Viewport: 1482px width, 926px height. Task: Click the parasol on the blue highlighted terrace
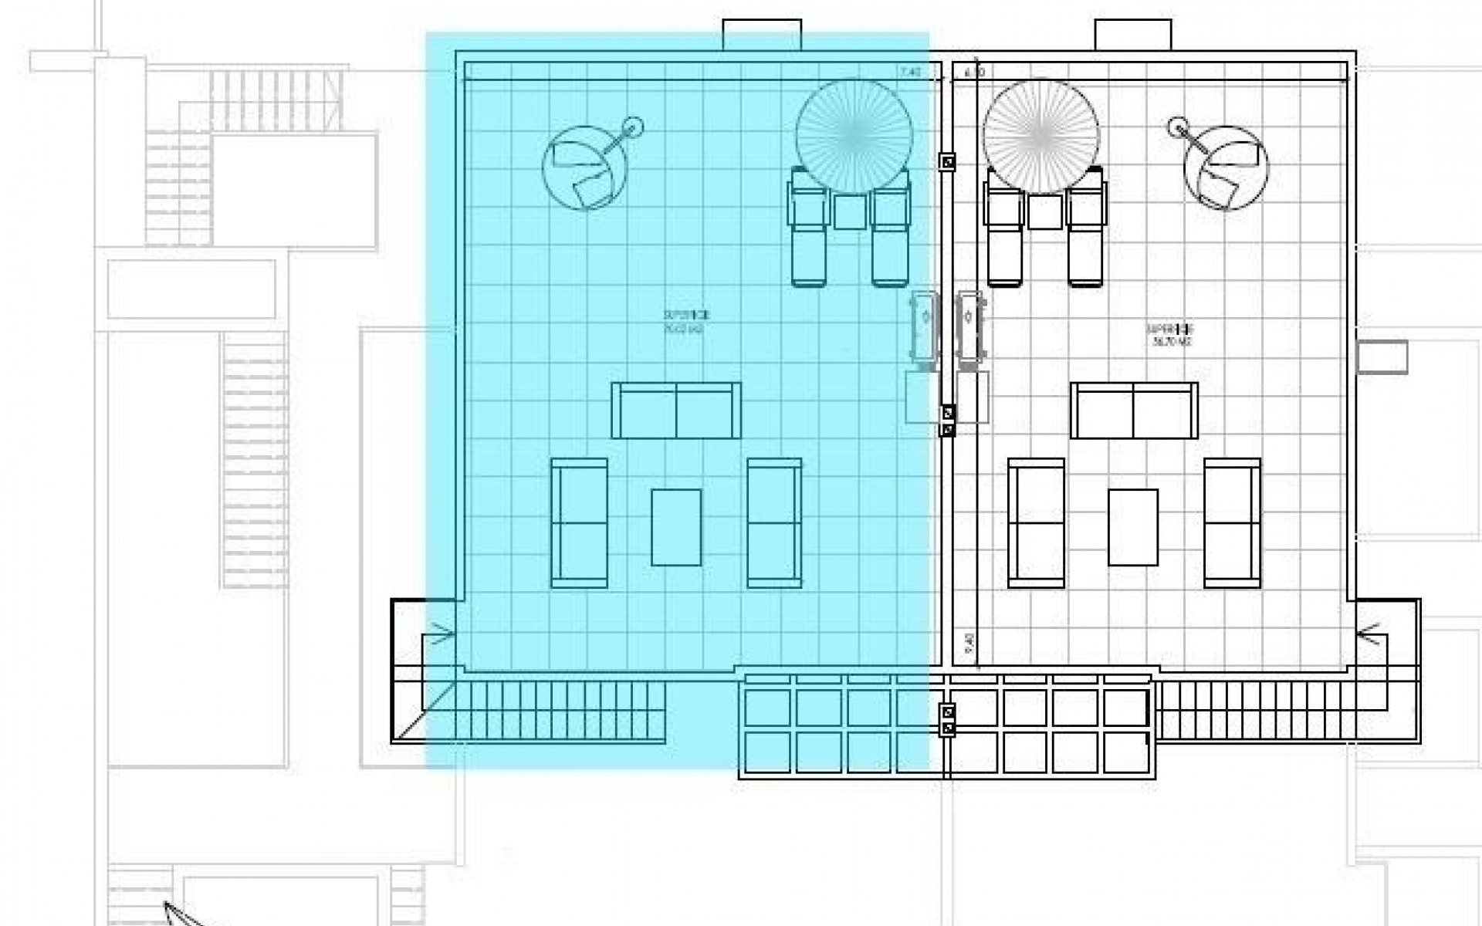(x=854, y=137)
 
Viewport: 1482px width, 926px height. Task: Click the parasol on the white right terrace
(x=1040, y=137)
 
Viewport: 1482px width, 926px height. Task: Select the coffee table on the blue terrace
(x=676, y=527)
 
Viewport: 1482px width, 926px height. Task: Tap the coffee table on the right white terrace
(x=1132, y=527)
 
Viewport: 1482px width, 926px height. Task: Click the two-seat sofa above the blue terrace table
(x=676, y=411)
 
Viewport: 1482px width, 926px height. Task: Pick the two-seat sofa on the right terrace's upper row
(x=1134, y=411)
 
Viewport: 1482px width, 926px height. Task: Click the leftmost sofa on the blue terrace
(x=579, y=522)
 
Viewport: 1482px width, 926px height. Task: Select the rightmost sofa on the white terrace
(x=1232, y=522)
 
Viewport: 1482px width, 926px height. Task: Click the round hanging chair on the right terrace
(x=1226, y=168)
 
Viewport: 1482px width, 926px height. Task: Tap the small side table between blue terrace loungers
(x=850, y=211)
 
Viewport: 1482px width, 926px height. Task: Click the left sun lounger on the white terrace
(x=1004, y=231)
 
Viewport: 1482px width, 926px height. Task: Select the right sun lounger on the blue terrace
(x=890, y=231)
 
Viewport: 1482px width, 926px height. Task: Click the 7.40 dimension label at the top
(x=909, y=72)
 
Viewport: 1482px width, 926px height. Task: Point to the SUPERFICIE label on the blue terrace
(x=685, y=316)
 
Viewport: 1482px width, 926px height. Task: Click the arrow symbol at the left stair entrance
(x=441, y=637)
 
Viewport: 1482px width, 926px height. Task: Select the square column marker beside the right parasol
(x=947, y=161)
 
